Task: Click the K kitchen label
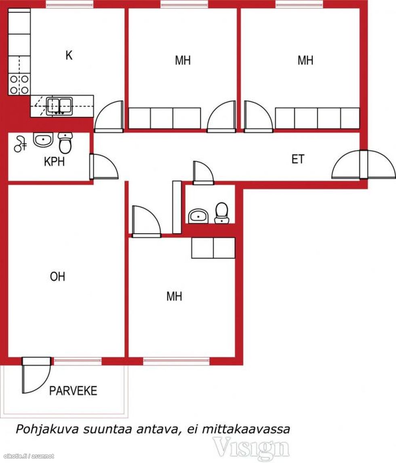(x=69, y=55)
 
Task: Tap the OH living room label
(x=58, y=277)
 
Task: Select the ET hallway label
(x=298, y=159)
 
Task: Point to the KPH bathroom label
(x=54, y=162)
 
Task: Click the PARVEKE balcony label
(x=73, y=391)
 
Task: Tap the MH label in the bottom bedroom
(x=174, y=296)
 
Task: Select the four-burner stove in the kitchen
(x=19, y=84)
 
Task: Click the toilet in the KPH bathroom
(x=65, y=143)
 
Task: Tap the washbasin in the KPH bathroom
(x=43, y=139)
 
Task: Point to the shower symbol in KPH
(x=20, y=144)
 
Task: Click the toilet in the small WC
(x=221, y=213)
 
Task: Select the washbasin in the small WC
(x=198, y=216)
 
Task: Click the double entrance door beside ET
(x=364, y=164)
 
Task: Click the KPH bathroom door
(x=104, y=166)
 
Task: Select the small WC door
(x=203, y=173)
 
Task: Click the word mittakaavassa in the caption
(x=246, y=429)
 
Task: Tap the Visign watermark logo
(x=251, y=448)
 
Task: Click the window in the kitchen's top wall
(x=70, y=4)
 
